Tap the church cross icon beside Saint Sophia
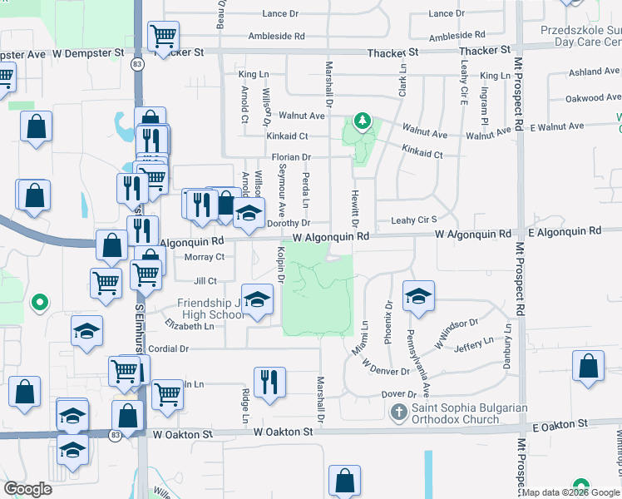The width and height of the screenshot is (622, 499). coord(398,412)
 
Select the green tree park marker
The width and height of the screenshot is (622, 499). coord(362,122)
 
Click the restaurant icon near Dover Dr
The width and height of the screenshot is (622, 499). coord(269,383)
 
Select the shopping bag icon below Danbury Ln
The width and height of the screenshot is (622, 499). coord(588,368)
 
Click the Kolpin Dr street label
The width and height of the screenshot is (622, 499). coord(280,265)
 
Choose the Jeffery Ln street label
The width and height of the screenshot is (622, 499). coord(475,345)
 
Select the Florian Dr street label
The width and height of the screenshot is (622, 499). coord(290,156)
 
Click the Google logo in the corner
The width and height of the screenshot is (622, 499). coord(28,489)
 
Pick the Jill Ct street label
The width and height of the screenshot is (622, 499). coord(205,281)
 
